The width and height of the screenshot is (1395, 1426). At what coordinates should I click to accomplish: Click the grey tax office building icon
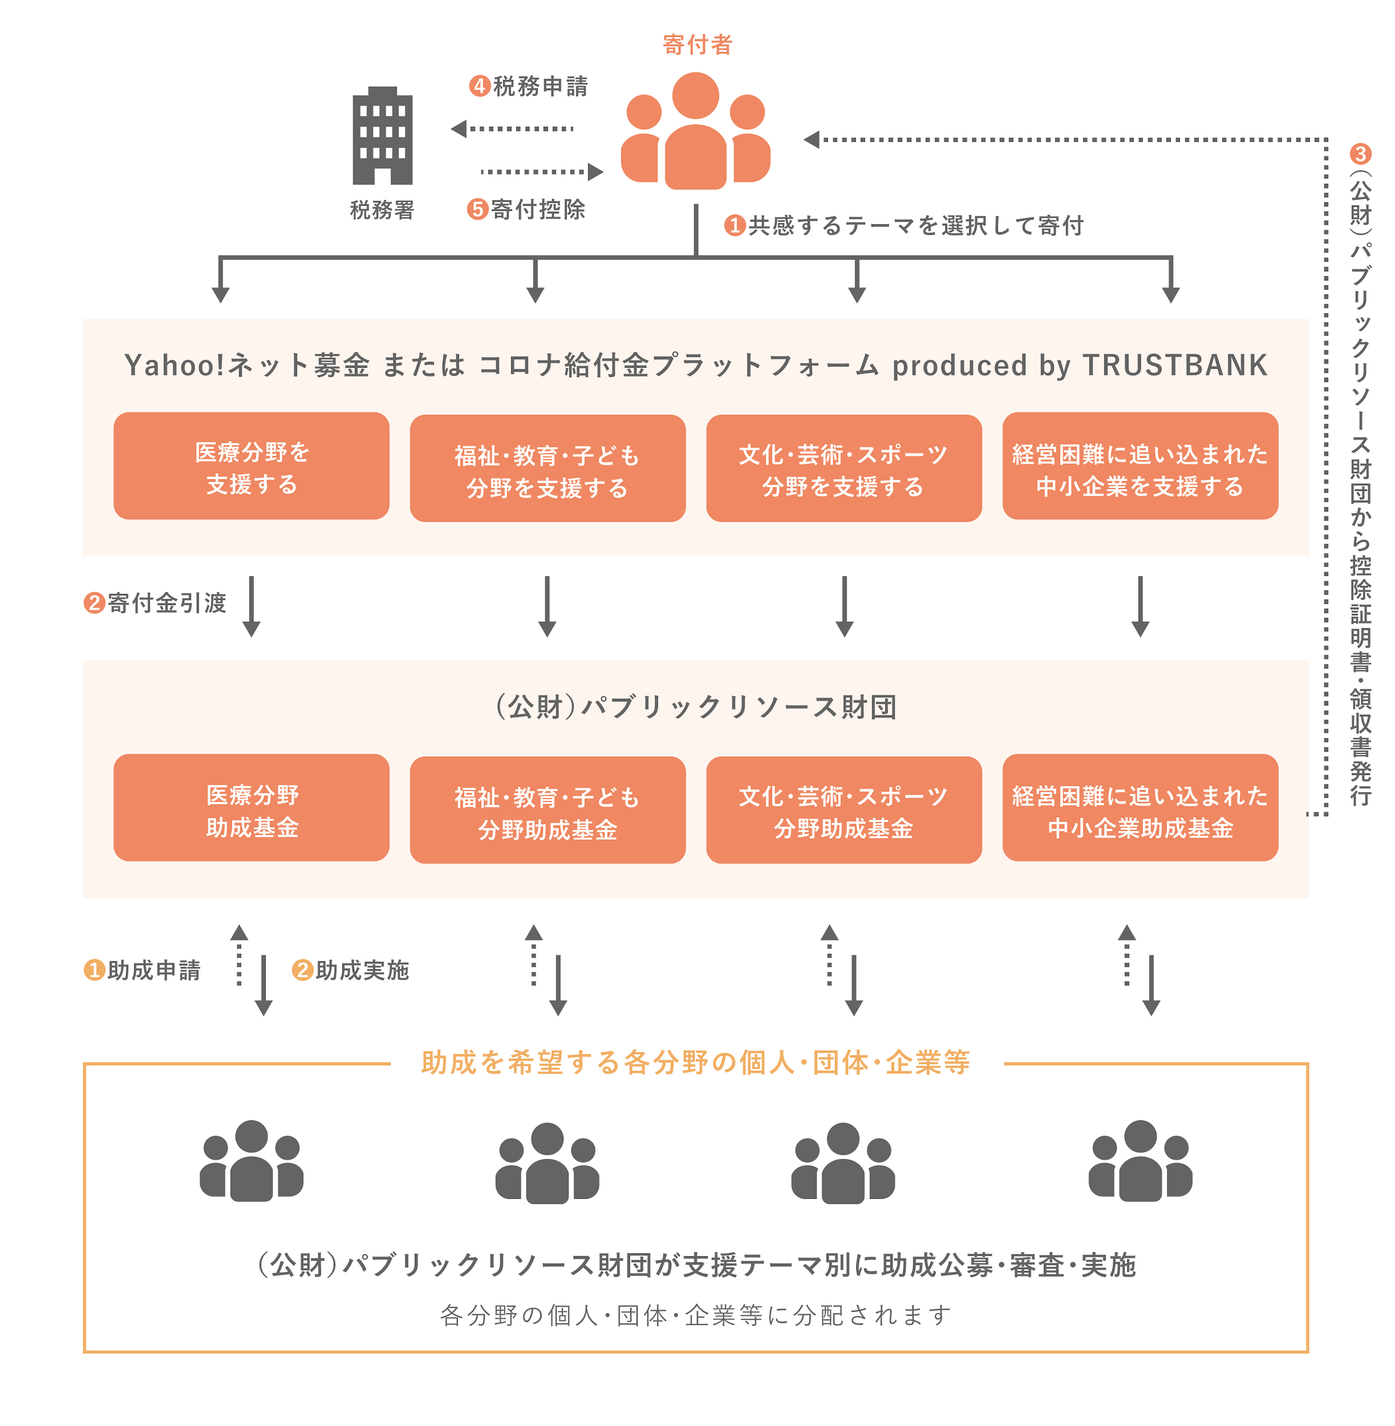point(383,136)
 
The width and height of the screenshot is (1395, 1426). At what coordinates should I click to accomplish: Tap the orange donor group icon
point(695,132)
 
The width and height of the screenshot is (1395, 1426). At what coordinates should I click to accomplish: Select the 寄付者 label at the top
point(697,44)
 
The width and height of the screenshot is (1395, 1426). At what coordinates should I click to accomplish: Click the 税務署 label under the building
point(382,210)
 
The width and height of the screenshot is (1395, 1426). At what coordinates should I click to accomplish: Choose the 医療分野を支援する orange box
point(252,467)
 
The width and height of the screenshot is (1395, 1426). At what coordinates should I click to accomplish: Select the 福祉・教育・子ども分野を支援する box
point(548,469)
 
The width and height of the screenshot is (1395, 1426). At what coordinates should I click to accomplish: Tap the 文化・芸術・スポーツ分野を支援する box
point(844,469)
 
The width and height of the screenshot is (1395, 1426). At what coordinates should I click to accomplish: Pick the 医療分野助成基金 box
point(252,809)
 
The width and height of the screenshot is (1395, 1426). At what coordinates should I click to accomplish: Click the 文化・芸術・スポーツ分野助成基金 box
point(844,811)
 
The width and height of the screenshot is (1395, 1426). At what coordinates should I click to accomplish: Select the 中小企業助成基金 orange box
point(1139,809)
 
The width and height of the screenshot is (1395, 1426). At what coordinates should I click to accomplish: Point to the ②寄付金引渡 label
point(155,603)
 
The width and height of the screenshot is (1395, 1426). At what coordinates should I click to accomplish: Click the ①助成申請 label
point(143,970)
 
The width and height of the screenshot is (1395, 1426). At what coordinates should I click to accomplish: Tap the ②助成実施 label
point(351,970)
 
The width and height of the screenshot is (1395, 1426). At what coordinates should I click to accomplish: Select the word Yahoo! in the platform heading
point(175,365)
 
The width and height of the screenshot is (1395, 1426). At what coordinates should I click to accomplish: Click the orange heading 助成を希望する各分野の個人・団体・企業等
point(695,1062)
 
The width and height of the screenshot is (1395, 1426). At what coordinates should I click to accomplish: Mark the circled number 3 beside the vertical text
point(1360,154)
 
